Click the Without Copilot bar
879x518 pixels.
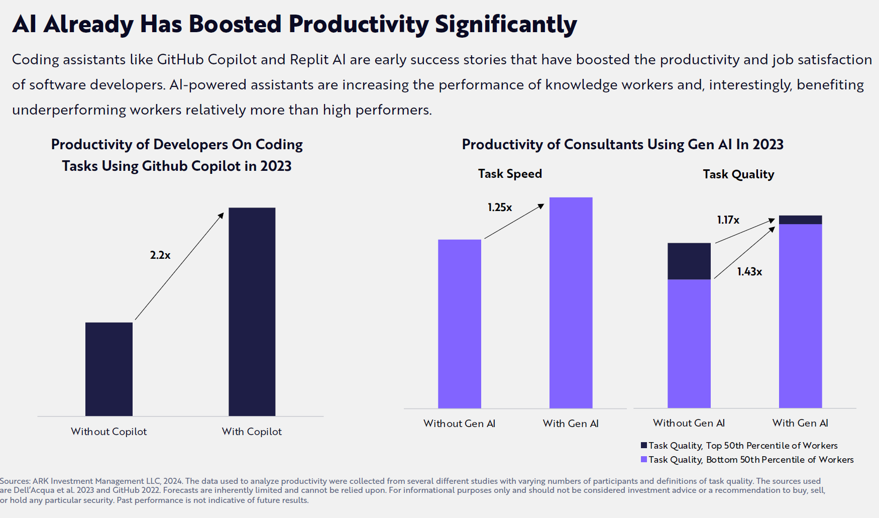pyautogui.click(x=109, y=369)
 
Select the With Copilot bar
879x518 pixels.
pyautogui.click(x=252, y=312)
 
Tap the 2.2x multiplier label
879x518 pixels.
pyautogui.click(x=160, y=255)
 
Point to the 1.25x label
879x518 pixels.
pyautogui.click(x=500, y=208)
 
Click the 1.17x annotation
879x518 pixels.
pyautogui.click(x=728, y=220)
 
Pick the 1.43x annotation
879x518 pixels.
pyautogui.click(x=749, y=272)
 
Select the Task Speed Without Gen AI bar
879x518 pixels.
pyautogui.click(x=460, y=324)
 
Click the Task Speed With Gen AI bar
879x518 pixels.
pyautogui.click(x=571, y=302)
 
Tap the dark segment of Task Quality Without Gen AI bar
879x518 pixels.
pyautogui.click(x=689, y=261)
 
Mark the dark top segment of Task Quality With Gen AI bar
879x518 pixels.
pyautogui.click(x=800, y=220)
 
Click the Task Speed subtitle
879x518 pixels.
pyautogui.click(x=510, y=174)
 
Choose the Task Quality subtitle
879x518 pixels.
pyautogui.click(x=738, y=174)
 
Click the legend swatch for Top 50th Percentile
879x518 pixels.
pyautogui.click(x=644, y=445)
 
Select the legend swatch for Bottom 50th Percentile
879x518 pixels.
pyautogui.click(x=644, y=459)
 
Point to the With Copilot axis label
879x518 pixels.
pyautogui.click(x=252, y=432)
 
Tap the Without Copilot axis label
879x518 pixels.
pyautogui.click(x=109, y=432)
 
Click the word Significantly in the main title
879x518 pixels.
pyautogui.click(x=506, y=24)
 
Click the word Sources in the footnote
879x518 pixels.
pyautogui.click(x=15, y=481)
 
